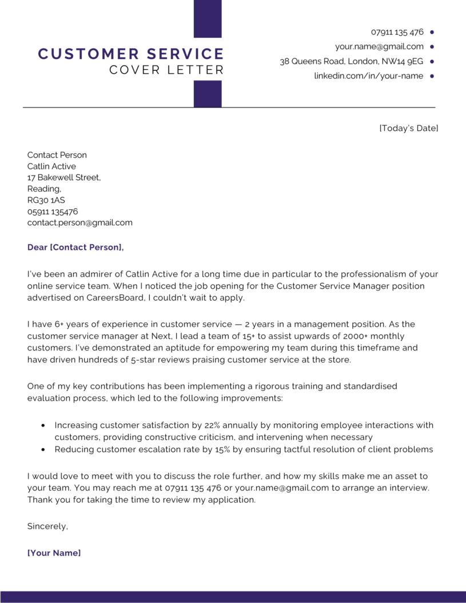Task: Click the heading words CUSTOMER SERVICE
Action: coord(130,54)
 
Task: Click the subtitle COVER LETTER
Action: coord(166,70)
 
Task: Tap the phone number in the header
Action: coord(397,32)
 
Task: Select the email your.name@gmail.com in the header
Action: coord(379,47)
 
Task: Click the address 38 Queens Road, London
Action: coord(351,61)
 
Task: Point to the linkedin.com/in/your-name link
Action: coord(368,75)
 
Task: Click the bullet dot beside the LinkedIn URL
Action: coord(432,75)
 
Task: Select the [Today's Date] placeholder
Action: coord(408,128)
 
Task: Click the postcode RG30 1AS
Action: coord(46,200)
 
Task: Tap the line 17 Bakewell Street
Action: coord(64,178)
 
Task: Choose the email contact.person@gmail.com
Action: coord(79,223)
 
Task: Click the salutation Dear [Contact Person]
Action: coord(75,247)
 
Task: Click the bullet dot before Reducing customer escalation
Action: coord(43,450)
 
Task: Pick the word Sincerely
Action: coord(47,526)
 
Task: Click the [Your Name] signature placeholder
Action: coord(54,553)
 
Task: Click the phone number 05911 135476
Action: coord(53,211)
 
